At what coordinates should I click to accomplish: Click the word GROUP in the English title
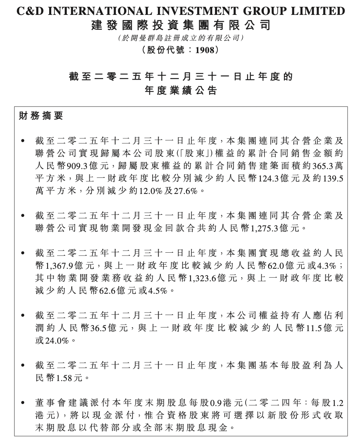[x=270, y=11]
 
